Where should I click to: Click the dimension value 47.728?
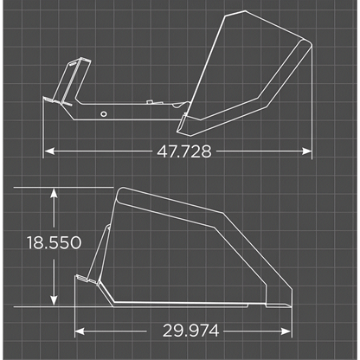tap(184, 151)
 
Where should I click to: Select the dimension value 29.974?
tap(190, 330)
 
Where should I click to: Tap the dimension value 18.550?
tap(54, 243)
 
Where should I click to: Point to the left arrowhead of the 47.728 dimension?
tap(48, 151)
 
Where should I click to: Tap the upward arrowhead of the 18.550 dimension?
tap(55, 192)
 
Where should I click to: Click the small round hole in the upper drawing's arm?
tap(103, 113)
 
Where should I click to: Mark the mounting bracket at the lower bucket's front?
tap(85, 283)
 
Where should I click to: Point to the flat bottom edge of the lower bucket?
tap(190, 305)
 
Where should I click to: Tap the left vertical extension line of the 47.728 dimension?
tap(43, 130)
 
